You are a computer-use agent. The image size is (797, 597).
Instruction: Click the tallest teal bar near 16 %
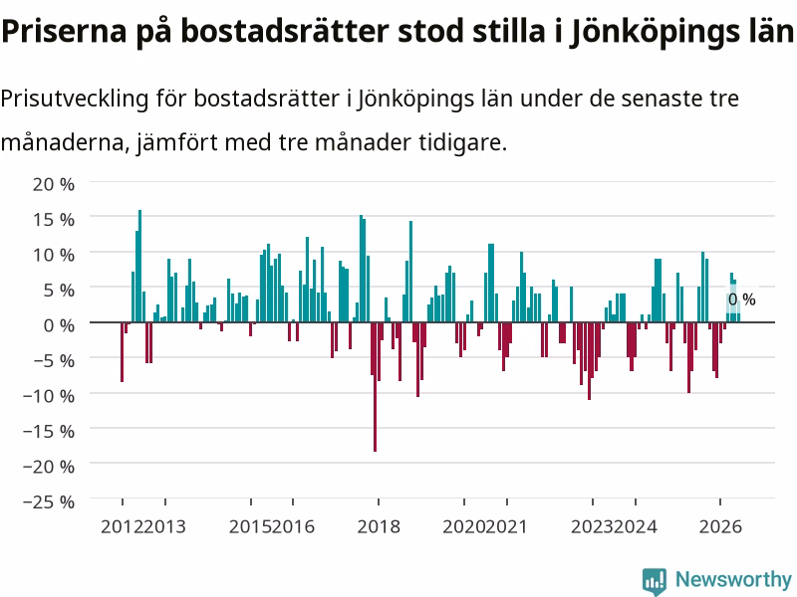[x=139, y=266]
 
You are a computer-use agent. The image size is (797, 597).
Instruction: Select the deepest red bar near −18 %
[x=376, y=387]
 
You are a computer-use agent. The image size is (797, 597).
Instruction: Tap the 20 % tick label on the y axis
[x=54, y=184]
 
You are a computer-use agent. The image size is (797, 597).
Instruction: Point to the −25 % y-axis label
[x=49, y=501]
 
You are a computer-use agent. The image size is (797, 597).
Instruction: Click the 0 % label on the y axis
[x=59, y=325]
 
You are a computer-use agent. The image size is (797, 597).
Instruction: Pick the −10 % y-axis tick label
[x=49, y=395]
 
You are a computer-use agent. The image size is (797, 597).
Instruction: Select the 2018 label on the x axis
[x=379, y=526]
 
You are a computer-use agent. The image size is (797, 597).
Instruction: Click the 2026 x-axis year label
[x=720, y=526]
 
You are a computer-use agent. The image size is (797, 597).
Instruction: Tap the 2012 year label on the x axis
[x=122, y=526]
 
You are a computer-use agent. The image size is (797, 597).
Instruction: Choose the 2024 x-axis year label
[x=636, y=526]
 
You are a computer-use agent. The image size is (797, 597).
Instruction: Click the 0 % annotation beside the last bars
[x=742, y=299]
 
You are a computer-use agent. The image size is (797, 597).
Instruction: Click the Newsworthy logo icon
[x=655, y=581]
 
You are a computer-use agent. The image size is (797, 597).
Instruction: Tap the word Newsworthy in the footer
[x=733, y=579]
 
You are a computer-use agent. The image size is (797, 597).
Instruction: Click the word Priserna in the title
[x=64, y=32]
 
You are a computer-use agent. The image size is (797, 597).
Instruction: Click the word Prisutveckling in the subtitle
[x=74, y=99]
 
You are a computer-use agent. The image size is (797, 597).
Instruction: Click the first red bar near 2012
[x=122, y=352]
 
